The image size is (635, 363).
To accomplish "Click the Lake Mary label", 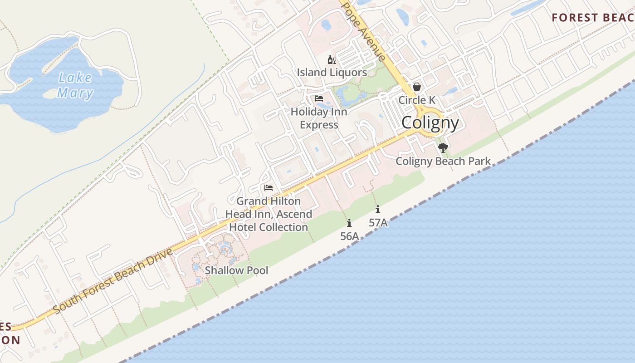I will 75,85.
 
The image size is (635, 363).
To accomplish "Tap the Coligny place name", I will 430,123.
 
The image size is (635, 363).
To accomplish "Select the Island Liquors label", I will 332,72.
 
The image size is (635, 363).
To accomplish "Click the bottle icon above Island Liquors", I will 332,60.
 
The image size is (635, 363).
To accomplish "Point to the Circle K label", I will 416,100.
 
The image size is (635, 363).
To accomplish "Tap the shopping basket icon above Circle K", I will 416,87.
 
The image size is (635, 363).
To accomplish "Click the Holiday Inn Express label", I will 319,118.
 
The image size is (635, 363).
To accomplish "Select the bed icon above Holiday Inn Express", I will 319,98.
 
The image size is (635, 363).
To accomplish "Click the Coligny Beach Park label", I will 443,161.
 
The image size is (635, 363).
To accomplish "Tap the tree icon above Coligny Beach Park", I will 443,147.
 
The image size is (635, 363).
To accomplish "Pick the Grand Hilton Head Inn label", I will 269,214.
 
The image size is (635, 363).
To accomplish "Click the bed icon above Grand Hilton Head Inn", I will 269,187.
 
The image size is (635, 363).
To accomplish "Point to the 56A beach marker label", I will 349,236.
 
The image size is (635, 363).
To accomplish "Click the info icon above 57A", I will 378,209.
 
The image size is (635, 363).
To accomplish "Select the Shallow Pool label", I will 236,270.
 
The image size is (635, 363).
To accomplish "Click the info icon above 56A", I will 349,223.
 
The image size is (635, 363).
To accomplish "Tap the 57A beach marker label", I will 378,222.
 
